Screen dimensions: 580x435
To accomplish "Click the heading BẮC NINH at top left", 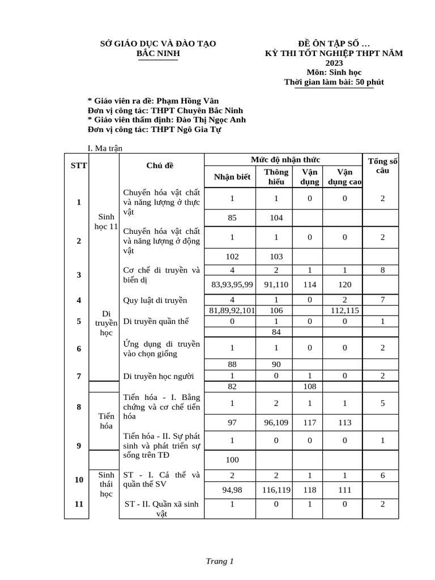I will [x=158, y=53].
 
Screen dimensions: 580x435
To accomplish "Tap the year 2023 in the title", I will [x=334, y=62].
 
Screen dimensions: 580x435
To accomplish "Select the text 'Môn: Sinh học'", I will [x=334, y=72].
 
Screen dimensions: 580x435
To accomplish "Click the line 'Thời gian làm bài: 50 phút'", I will [x=334, y=82].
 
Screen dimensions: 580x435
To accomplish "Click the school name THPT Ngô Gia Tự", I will [x=185, y=129].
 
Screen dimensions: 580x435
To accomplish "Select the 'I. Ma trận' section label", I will [x=105, y=148].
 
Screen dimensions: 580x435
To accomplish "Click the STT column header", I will [x=78, y=165].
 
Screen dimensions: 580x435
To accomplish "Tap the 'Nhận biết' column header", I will [x=232, y=177].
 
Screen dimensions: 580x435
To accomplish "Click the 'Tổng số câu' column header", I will [x=382, y=165].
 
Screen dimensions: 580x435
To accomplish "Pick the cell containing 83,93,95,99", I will [x=232, y=284].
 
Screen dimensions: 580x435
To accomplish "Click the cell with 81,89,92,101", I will [x=232, y=310].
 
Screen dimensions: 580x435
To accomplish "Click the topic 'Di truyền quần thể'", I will [x=156, y=321].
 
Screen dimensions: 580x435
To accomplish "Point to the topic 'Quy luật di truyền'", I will [x=155, y=300].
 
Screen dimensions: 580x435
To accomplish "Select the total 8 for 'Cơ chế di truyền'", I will [x=382, y=270].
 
